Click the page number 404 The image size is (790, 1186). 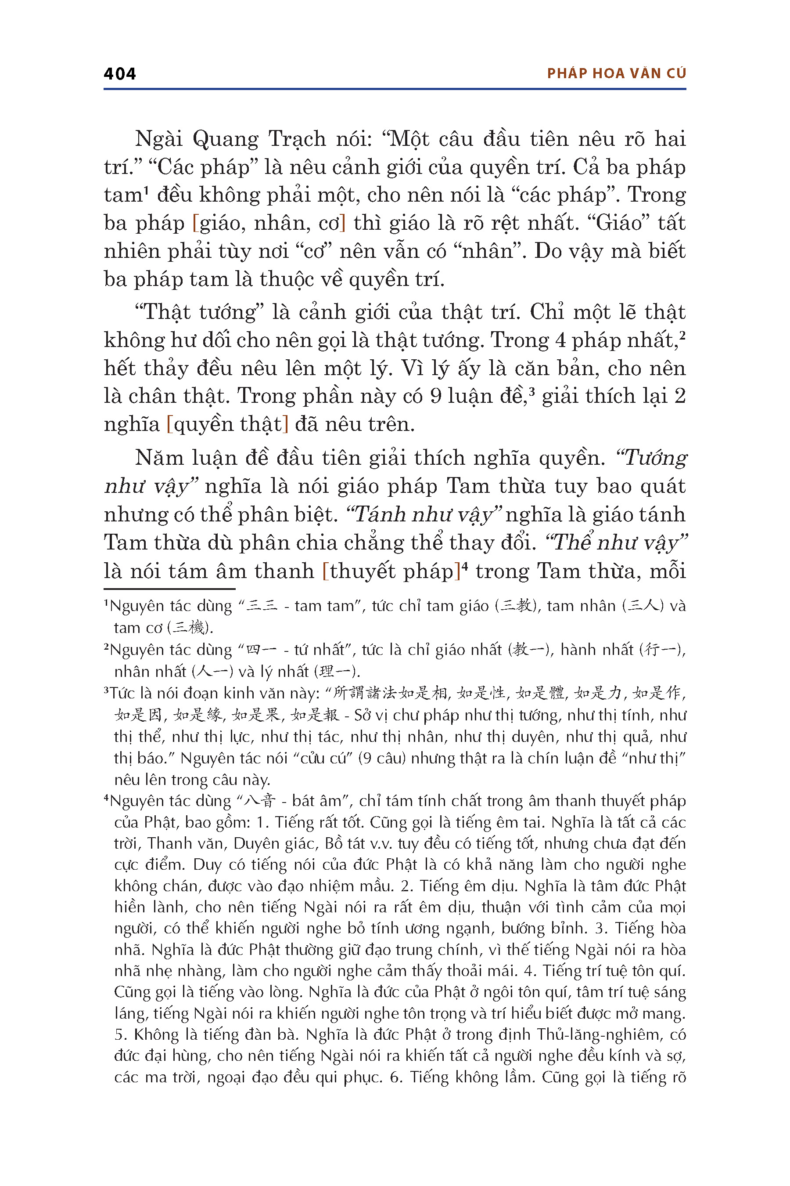(119, 74)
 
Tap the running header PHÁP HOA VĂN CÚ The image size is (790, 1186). (616, 74)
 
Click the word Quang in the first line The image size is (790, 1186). (225, 139)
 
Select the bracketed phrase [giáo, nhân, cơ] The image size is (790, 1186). (269, 223)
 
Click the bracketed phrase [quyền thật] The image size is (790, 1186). (227, 424)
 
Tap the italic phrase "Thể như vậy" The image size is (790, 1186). (617, 543)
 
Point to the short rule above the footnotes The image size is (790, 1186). (169, 589)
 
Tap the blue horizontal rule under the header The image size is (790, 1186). (395, 89)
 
